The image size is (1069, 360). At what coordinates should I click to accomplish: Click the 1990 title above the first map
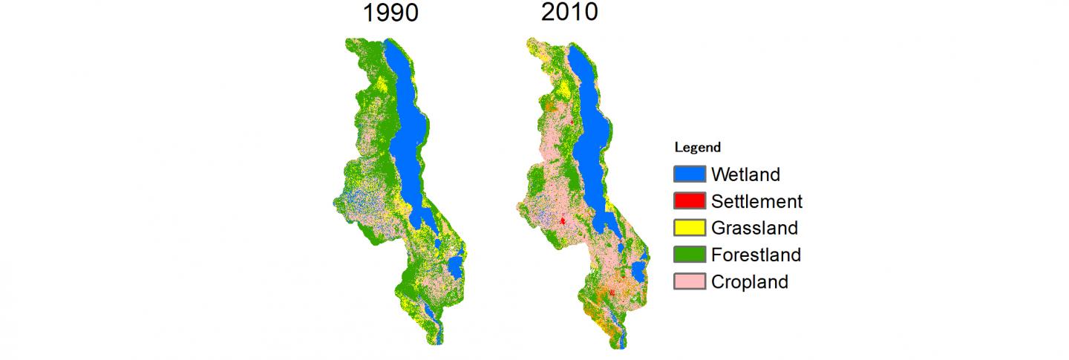coord(390,13)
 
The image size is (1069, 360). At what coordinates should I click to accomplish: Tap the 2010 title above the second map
coord(569,13)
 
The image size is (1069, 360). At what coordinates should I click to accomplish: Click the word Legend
coord(697,148)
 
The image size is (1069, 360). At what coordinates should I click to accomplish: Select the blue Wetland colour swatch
coord(689,174)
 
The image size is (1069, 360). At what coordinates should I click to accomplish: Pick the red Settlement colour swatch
coord(689,201)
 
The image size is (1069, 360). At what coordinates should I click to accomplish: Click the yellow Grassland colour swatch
coord(689,228)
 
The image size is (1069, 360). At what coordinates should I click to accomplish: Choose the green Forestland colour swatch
coord(689,255)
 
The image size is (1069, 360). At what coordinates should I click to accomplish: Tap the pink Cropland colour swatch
coord(689,282)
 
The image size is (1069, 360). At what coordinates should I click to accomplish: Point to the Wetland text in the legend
coord(745,174)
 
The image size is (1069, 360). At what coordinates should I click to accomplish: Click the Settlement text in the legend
coord(756,201)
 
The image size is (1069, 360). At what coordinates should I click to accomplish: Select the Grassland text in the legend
coord(754,228)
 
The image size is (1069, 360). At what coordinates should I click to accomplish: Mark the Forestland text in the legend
coord(756,255)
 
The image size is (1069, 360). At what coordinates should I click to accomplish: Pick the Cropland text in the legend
coord(749,282)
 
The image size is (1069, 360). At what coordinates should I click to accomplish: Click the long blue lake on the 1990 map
coord(411,134)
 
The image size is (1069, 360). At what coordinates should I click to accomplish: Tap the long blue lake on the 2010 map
coord(590,134)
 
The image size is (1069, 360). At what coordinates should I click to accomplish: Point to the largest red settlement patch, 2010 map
coord(563,220)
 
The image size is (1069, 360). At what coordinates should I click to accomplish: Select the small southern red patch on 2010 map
coord(612,294)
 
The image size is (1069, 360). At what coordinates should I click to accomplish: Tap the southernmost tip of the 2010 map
coord(622,347)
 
